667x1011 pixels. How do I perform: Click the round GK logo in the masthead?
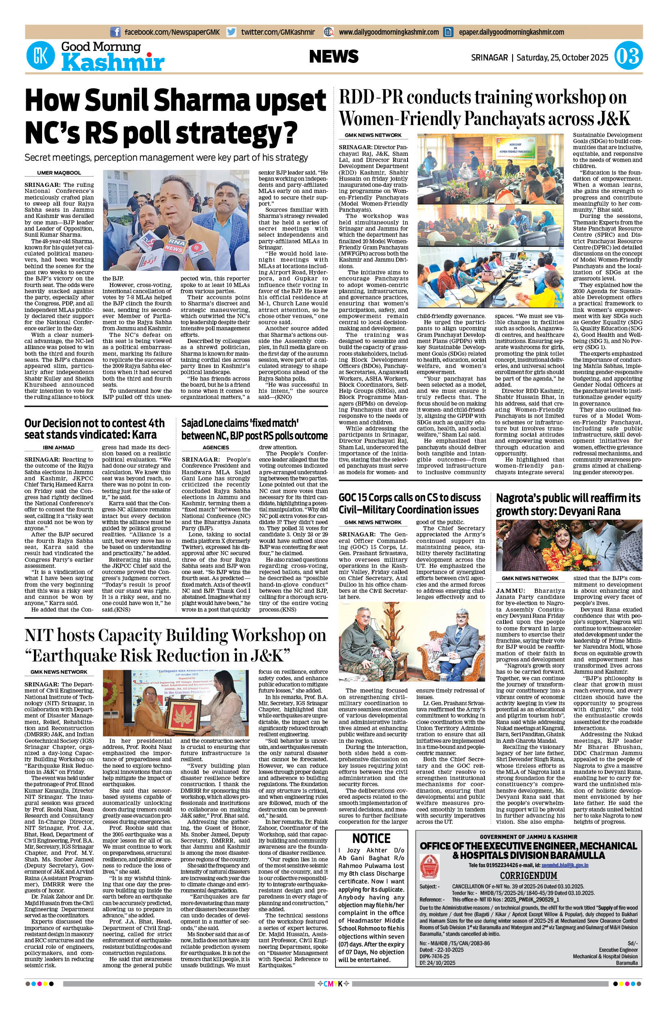point(41,56)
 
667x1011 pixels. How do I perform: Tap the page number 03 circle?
point(628,57)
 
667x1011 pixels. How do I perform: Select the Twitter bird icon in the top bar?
point(231,32)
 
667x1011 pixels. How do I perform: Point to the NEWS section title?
point(333,56)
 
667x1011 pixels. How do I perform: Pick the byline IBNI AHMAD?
point(59,448)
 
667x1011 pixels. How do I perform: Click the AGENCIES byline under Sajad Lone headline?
point(216,448)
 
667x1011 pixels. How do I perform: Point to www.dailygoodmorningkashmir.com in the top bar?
point(388,32)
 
